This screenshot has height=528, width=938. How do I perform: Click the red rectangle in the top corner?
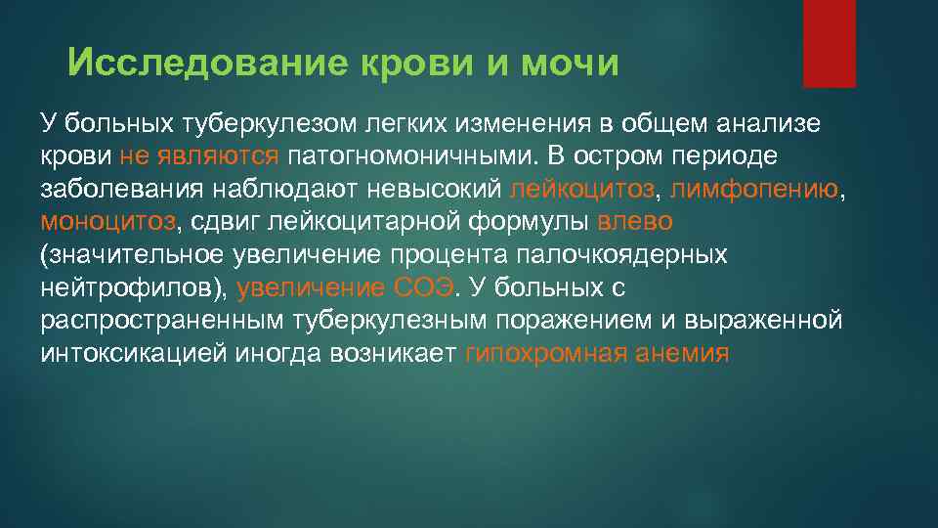(x=829, y=44)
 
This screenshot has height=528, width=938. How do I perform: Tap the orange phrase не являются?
(x=199, y=155)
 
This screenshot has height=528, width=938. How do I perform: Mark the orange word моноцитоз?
(x=108, y=222)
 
